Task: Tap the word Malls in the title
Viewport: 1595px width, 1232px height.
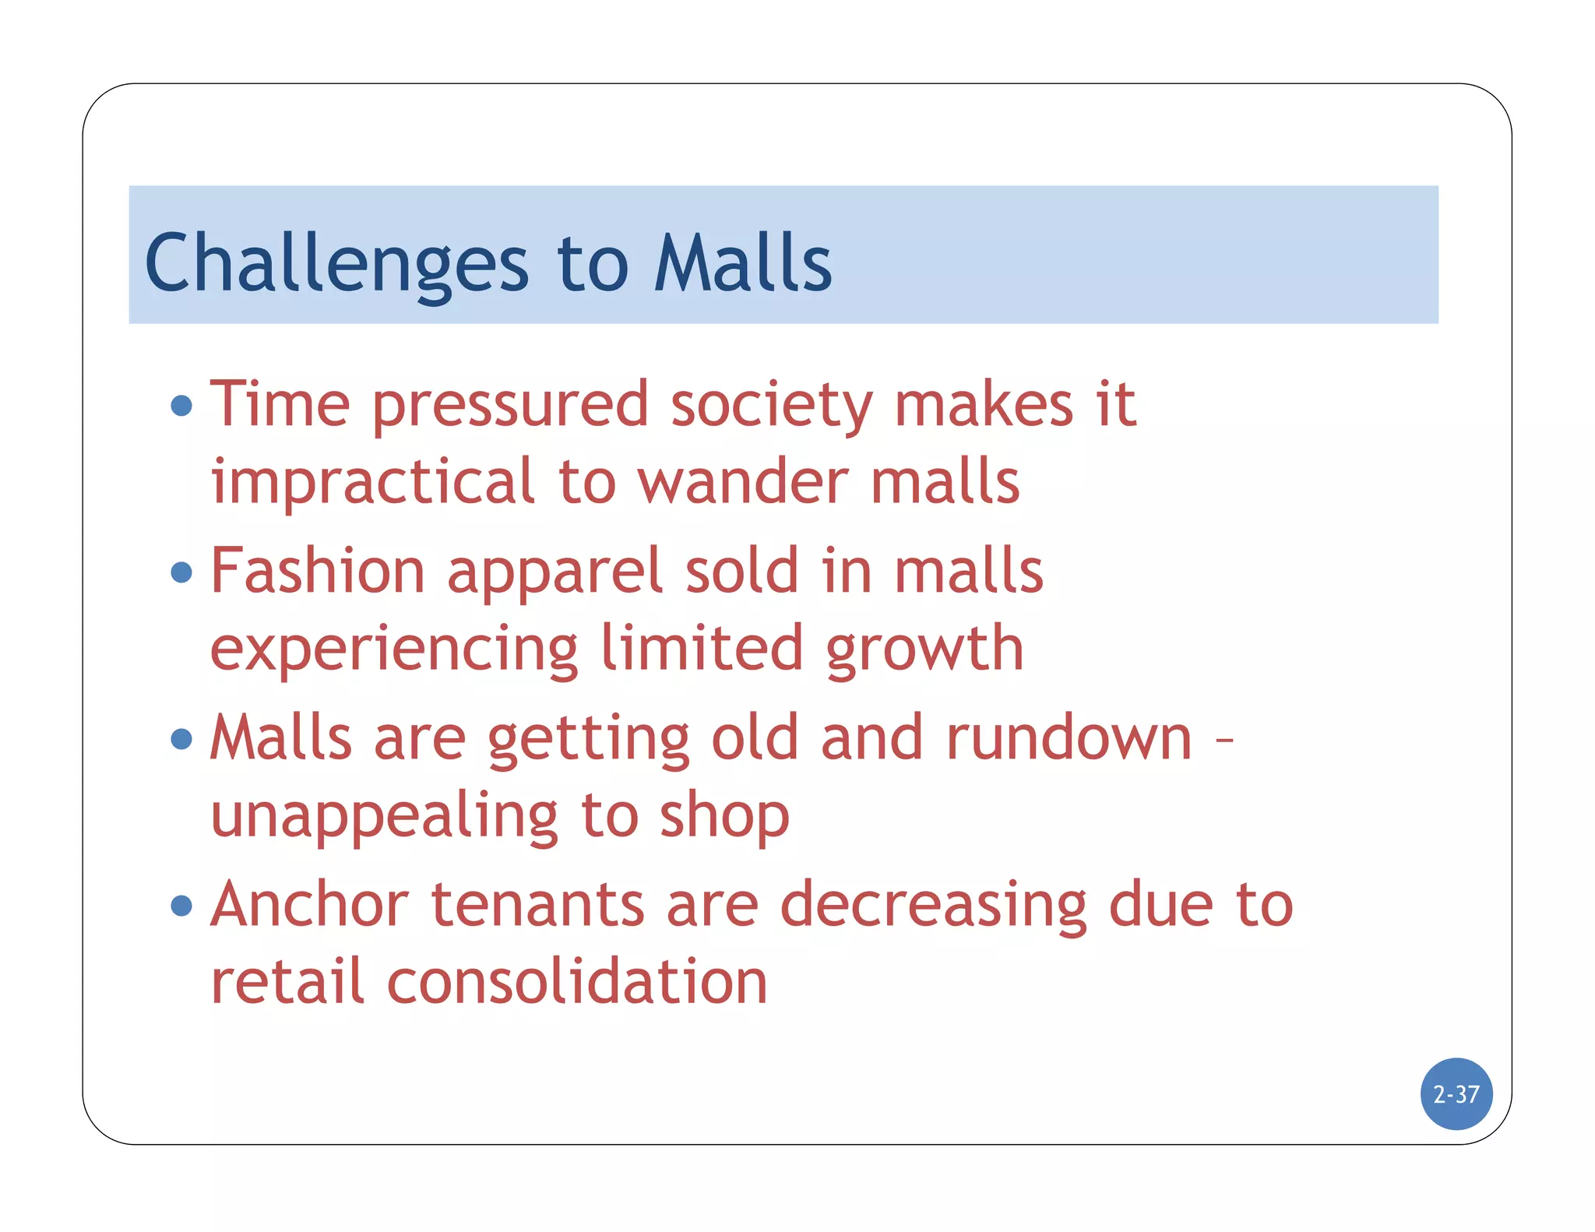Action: click(x=743, y=265)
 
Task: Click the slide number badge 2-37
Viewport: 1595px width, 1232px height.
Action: click(x=1456, y=1094)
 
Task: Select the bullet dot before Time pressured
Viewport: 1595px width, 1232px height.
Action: click(x=181, y=406)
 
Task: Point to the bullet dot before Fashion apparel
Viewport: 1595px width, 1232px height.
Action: click(x=181, y=572)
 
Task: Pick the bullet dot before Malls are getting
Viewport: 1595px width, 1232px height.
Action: click(x=181, y=738)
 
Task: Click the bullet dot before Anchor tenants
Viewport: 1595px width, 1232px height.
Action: click(x=181, y=905)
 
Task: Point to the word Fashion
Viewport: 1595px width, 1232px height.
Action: click(x=318, y=571)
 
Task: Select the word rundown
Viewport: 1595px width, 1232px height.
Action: click(x=1069, y=738)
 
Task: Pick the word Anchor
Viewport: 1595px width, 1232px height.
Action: click(x=310, y=905)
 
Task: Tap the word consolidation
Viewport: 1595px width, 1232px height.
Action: click(x=577, y=982)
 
